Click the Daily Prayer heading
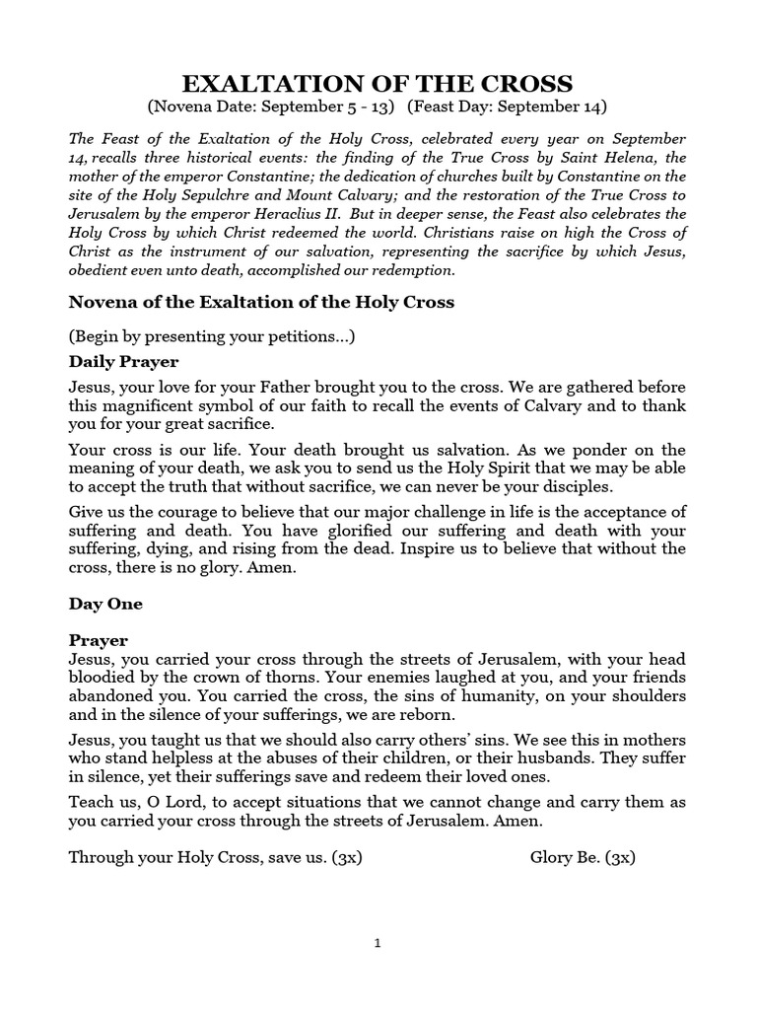tap(123, 362)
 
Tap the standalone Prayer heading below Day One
tap(99, 640)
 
